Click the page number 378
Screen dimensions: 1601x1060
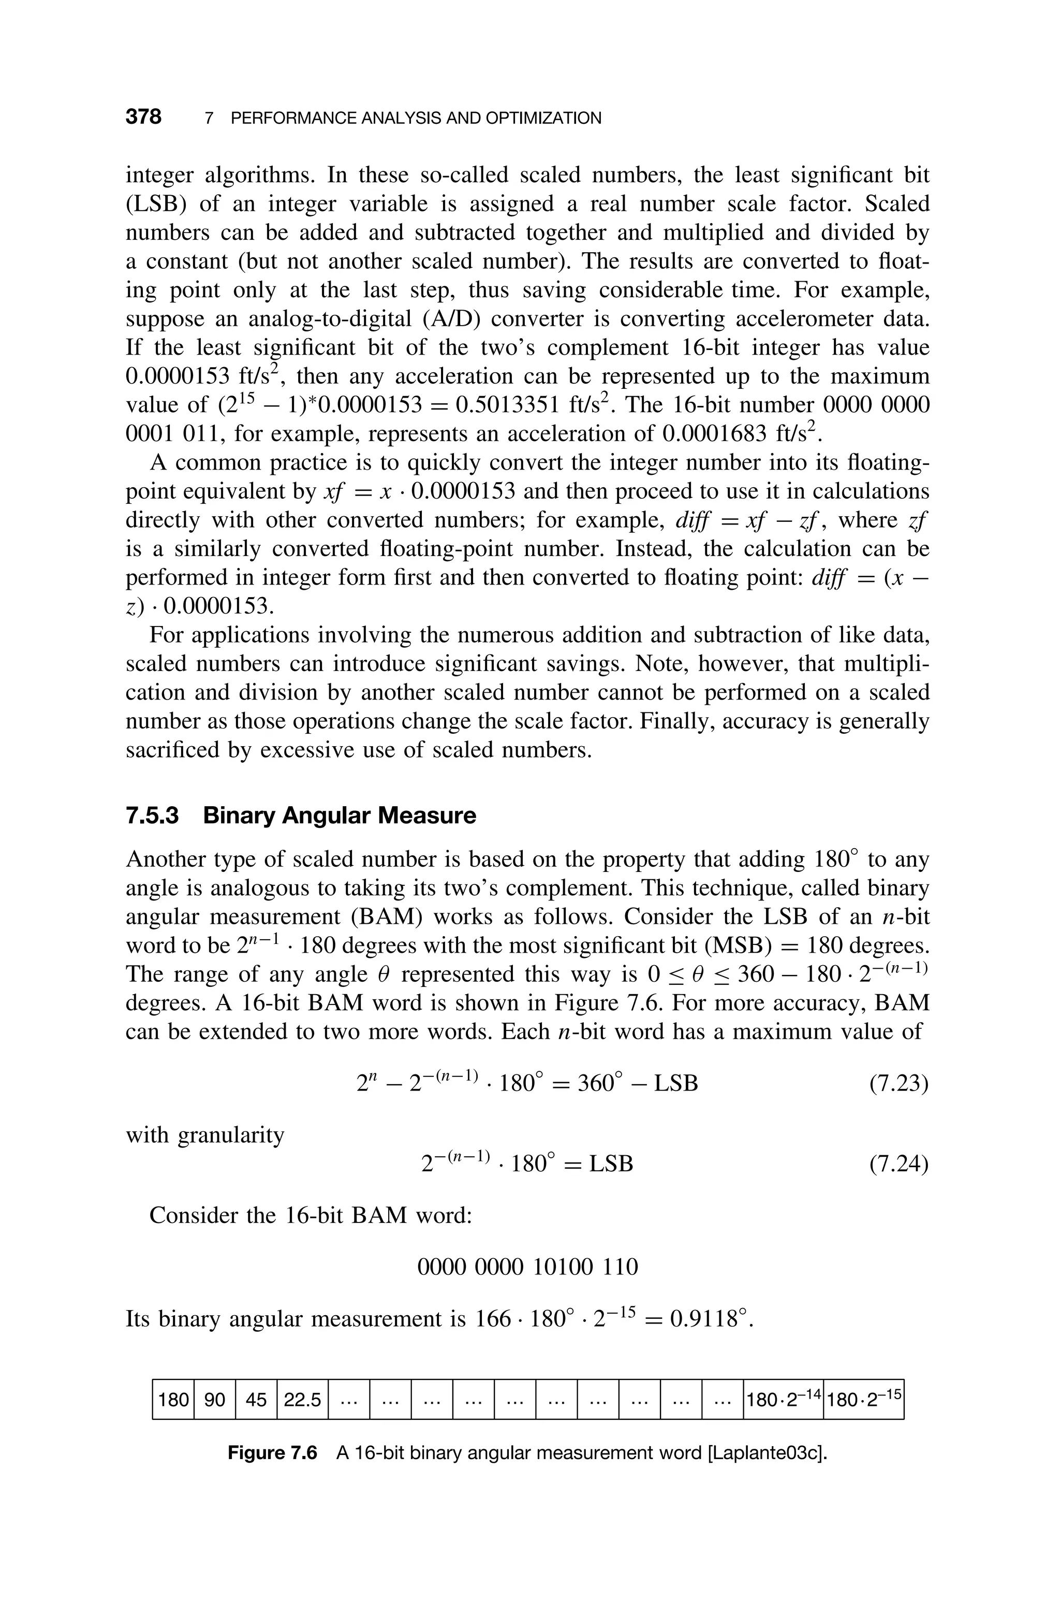pyautogui.click(x=143, y=117)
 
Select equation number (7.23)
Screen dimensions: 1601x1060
pyautogui.click(x=899, y=1084)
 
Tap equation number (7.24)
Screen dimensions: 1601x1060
pyautogui.click(x=899, y=1163)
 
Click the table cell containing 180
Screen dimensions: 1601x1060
pyautogui.click(x=173, y=1400)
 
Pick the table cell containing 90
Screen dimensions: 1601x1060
pyautogui.click(x=214, y=1400)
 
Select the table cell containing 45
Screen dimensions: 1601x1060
pyautogui.click(x=256, y=1400)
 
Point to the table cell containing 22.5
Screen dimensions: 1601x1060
pyautogui.click(x=302, y=1400)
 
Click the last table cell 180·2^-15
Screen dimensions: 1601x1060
pyautogui.click(x=864, y=1400)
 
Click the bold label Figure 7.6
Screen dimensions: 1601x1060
pyautogui.click(x=272, y=1453)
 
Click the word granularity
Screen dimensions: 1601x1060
pyautogui.click(x=230, y=1135)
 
